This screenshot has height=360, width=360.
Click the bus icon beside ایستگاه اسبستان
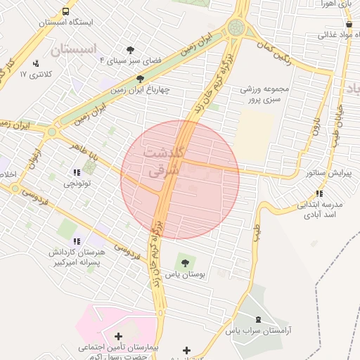click(x=65, y=11)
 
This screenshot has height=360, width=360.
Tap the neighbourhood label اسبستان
click(x=73, y=49)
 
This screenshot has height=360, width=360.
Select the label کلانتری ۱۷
click(x=32, y=73)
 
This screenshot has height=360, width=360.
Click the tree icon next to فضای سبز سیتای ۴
click(x=130, y=49)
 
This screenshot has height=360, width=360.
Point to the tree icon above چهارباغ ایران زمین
click(x=141, y=79)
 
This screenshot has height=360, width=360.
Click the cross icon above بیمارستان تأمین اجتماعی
click(x=118, y=337)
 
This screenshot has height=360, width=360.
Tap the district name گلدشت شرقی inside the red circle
click(x=163, y=162)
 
